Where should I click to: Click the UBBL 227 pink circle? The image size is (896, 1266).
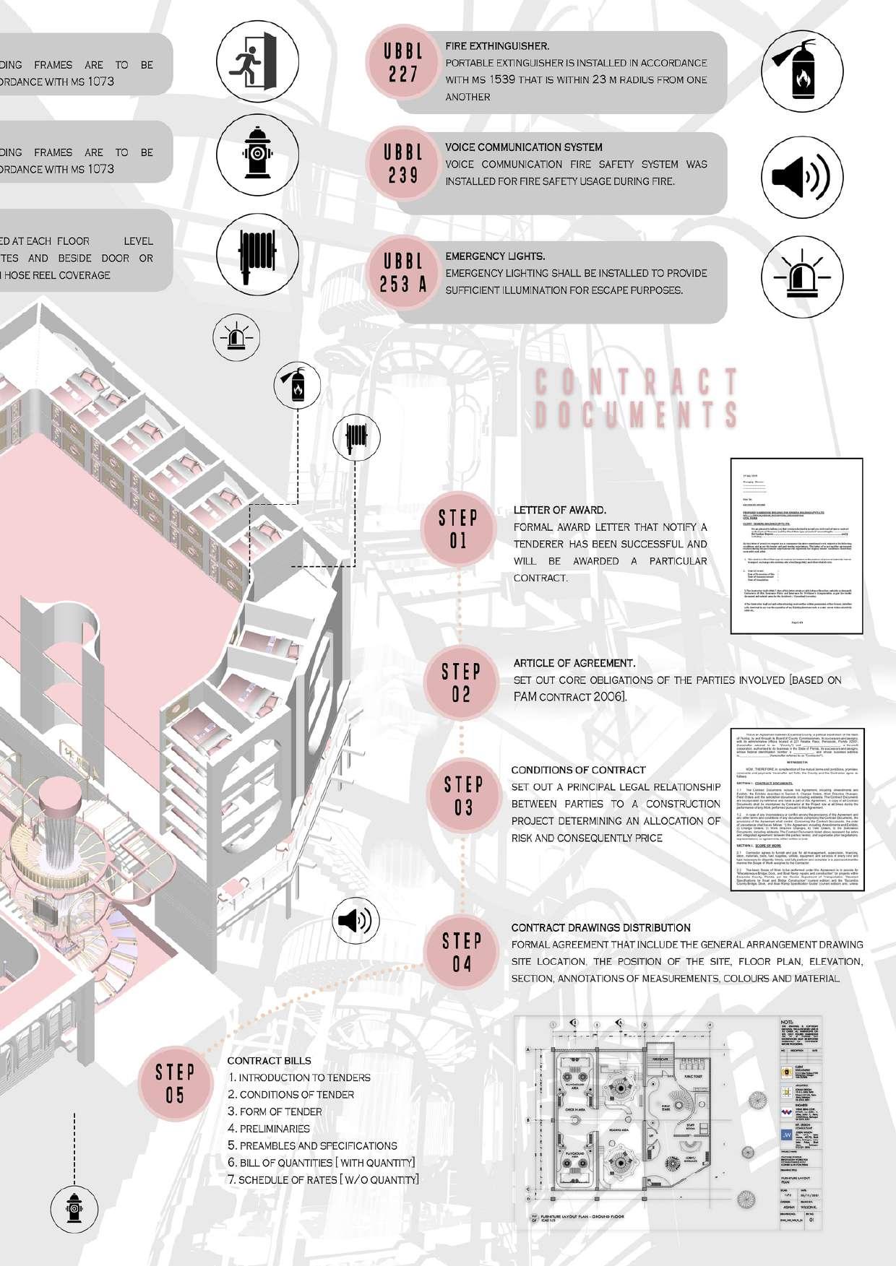(x=403, y=63)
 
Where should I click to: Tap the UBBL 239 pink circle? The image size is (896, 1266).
(x=403, y=164)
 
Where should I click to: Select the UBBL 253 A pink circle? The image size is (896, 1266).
(x=403, y=273)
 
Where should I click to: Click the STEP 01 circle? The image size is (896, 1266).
(x=459, y=529)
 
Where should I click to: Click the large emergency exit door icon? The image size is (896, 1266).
(x=252, y=61)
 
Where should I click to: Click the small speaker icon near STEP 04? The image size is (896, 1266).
(x=356, y=921)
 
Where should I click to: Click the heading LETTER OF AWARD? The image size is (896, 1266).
(x=559, y=510)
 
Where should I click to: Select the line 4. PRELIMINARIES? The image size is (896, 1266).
(x=269, y=1128)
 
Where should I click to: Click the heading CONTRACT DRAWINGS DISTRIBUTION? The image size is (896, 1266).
(x=600, y=927)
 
